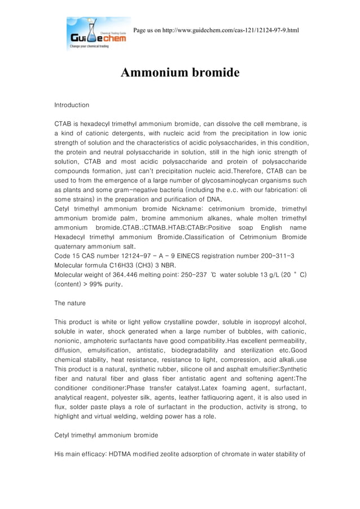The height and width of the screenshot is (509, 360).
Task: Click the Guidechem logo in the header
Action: [x=98, y=34]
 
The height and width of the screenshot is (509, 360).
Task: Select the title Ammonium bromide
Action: [x=181, y=73]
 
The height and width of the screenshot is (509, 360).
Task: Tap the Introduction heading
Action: [x=72, y=105]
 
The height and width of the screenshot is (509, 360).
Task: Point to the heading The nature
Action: [x=70, y=303]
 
